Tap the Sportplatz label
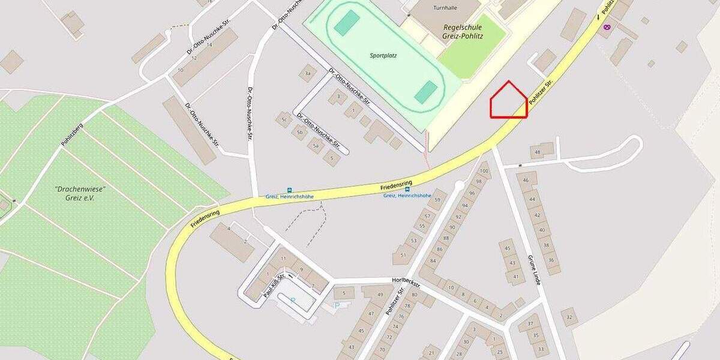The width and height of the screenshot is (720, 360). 383,55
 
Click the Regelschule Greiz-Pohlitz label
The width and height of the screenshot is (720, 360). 466,31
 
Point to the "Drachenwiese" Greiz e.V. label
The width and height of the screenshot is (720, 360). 75,193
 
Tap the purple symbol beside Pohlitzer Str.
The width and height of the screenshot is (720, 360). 607,26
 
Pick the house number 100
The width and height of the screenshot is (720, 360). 484,172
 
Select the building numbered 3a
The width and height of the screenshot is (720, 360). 308,74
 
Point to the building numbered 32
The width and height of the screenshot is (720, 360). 569,316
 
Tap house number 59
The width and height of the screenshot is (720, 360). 437,199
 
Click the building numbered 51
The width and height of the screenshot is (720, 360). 403,254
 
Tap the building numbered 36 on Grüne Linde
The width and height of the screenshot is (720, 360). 551,260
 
